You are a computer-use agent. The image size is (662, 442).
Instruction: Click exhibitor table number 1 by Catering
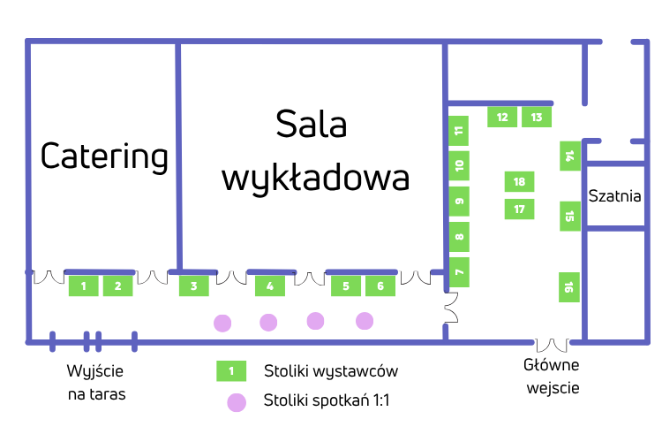84,286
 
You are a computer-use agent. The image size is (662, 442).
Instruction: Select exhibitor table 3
194,286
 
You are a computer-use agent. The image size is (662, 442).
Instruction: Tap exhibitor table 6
380,286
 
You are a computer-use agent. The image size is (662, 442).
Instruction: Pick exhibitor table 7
459,272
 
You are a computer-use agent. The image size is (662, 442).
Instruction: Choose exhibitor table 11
459,130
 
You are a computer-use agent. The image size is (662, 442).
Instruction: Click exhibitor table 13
537,117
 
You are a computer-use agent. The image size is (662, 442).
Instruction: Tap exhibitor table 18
519,182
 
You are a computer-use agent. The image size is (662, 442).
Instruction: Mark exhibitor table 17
519,210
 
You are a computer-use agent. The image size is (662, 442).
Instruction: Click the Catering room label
104,156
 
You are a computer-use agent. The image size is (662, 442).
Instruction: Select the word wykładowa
315,177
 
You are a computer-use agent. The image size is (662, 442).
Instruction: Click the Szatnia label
614,195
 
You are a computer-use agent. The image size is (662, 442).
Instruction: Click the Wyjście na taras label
96,382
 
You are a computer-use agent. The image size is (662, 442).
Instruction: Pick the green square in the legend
231,371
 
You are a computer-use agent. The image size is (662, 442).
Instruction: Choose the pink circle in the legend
236,402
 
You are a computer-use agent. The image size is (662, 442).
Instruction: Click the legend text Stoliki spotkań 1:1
327,401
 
